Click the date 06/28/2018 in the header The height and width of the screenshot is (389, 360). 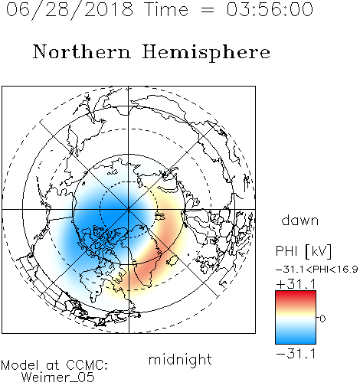click(70, 10)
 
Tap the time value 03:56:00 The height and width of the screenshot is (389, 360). click(270, 9)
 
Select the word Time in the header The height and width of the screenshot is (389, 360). click(166, 9)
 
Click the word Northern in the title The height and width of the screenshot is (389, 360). click(82, 51)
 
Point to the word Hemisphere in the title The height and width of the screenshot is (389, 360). click(206, 53)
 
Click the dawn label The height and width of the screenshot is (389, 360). click(300, 220)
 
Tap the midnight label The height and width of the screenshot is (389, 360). click(180, 359)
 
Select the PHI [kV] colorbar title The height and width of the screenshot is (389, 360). click(303, 251)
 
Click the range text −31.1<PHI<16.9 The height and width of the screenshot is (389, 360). click(316, 270)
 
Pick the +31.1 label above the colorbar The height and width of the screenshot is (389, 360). click(296, 284)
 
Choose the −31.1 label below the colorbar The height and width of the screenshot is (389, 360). click(296, 354)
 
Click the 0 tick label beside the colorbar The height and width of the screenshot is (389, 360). click(322, 319)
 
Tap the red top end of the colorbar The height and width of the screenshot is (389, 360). click(296, 293)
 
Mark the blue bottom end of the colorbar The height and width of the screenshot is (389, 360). click(296, 342)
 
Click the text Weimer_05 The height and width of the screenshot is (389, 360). click(58, 378)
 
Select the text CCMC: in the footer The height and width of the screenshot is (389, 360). click(87, 365)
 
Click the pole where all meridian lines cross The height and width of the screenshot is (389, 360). click(129, 210)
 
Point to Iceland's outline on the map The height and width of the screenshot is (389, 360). click(172, 260)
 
